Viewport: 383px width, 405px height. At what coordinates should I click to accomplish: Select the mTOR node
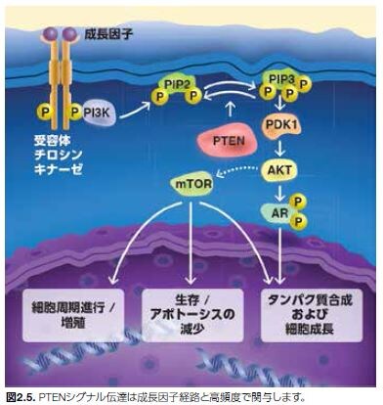coord(191,183)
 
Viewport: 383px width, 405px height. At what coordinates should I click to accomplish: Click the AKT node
coord(279,171)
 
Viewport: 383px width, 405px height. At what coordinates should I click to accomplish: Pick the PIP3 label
coord(280,76)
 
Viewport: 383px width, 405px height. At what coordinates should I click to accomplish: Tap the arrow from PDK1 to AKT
coord(280,150)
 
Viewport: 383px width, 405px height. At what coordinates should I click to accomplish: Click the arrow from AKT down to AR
coord(278,192)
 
